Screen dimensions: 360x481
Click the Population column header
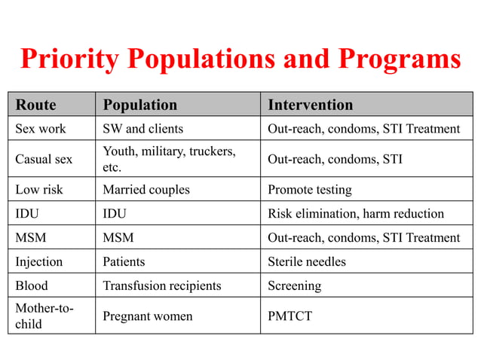pyautogui.click(x=139, y=105)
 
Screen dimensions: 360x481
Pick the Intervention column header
pyautogui.click(x=310, y=105)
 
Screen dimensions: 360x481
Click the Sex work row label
pyautogui.click(x=41, y=129)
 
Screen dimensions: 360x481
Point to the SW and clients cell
pyautogui.click(x=142, y=129)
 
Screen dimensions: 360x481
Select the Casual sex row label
pyautogui.click(x=44, y=159)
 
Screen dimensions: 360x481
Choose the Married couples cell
pyautogui.click(x=146, y=190)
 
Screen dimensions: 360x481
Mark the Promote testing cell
pyautogui.click(x=309, y=190)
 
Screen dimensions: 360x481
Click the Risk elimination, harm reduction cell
pyautogui.click(x=356, y=214)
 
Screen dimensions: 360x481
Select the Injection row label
pyautogui.click(x=38, y=262)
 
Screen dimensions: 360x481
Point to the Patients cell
pyautogui.click(x=124, y=262)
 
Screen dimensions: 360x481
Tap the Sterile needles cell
pyautogui.click(x=307, y=262)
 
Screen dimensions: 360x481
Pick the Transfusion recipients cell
pyautogui.click(x=161, y=286)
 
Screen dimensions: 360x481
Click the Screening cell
pyautogui.click(x=294, y=286)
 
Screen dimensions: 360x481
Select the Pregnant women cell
pyautogui.click(x=147, y=316)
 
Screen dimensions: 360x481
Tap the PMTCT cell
pyautogui.click(x=290, y=316)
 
